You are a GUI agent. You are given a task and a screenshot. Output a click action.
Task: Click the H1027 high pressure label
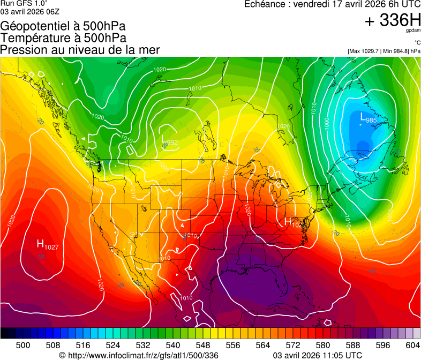tap(47, 245)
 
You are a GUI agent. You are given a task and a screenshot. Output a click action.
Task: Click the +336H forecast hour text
tap(393, 20)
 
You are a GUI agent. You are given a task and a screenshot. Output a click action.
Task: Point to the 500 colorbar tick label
tap(23, 345)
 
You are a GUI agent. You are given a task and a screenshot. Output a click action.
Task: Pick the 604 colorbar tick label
tap(412, 345)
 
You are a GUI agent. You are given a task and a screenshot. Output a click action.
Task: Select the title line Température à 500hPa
tap(64, 38)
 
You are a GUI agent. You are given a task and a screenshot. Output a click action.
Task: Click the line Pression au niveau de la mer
tap(80, 50)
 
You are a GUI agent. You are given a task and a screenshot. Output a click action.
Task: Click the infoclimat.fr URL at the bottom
tap(139, 355)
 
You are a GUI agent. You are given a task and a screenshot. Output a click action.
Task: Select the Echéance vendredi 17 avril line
tap(332, 4)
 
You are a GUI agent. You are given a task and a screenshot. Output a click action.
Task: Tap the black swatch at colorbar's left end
tap(4, 333)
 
